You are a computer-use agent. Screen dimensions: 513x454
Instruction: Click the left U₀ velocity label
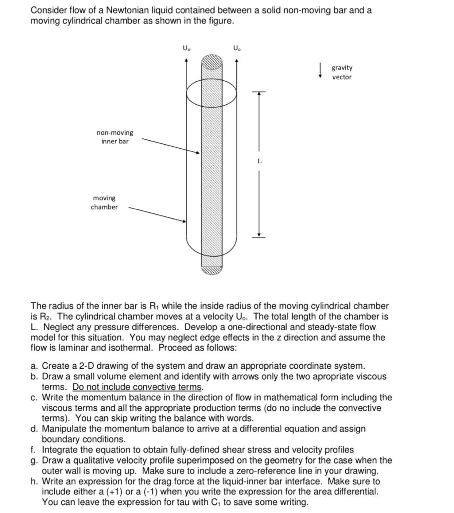(x=186, y=49)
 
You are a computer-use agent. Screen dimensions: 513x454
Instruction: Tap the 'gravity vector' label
(x=342, y=72)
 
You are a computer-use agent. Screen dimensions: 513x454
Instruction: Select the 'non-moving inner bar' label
(x=115, y=137)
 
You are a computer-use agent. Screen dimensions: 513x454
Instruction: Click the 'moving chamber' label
(x=104, y=202)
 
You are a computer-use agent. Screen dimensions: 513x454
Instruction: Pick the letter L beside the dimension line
(x=259, y=161)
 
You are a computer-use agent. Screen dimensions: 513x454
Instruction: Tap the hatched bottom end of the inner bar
(x=211, y=270)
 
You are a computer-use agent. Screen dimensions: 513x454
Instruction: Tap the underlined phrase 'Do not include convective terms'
(x=138, y=387)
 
